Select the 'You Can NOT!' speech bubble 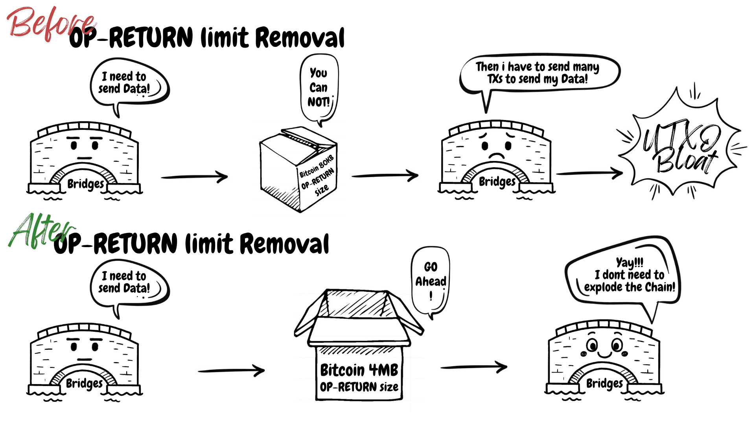click(319, 87)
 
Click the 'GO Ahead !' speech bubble click(431, 280)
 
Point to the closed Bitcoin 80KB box click(299, 169)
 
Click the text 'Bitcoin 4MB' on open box click(359, 370)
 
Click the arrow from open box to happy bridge click(474, 367)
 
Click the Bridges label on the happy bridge click(604, 383)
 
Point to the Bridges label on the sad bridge click(497, 181)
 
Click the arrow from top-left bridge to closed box click(195, 177)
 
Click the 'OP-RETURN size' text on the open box click(359, 387)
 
